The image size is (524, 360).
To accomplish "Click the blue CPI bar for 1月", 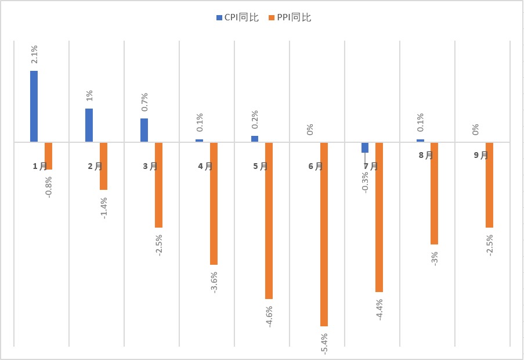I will (x=34, y=106).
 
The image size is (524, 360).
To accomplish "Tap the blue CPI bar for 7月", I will (x=365, y=147).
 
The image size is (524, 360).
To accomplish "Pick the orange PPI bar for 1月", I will (x=49, y=156).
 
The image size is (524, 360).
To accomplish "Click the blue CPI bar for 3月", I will (x=144, y=130).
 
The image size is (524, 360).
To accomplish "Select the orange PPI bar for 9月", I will (x=489, y=185).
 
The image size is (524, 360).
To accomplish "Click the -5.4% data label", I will (x=324, y=343).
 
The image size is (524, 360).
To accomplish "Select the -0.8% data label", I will (x=48, y=186).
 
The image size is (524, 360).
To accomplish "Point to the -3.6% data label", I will (x=214, y=282).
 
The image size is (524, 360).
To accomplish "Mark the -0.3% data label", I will (x=364, y=182).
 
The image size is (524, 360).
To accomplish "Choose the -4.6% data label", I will (x=269, y=316).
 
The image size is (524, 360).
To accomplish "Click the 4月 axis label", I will (x=205, y=166).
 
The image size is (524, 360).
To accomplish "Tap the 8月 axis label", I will (x=426, y=155).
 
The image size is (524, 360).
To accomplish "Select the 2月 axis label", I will (x=95, y=166).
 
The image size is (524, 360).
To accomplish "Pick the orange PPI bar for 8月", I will (x=434, y=193).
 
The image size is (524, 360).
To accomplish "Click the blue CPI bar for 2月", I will (x=89, y=125).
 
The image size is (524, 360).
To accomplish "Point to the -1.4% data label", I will (x=103, y=207).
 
